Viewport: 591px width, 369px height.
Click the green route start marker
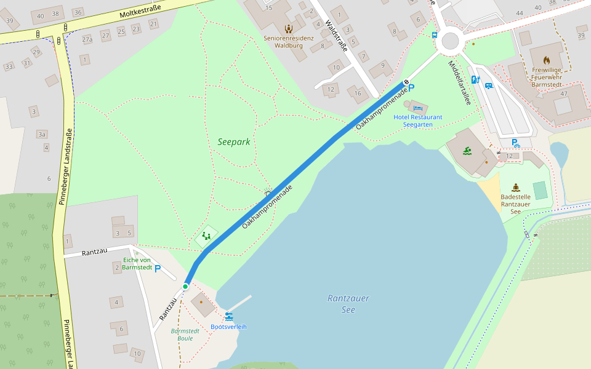point(185,287)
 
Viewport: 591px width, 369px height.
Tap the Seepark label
point(234,142)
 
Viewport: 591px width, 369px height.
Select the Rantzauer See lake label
point(348,303)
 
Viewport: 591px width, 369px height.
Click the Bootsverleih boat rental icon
point(229,316)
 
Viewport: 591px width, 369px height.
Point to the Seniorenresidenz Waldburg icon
point(288,28)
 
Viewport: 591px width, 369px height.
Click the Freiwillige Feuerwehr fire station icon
point(546,60)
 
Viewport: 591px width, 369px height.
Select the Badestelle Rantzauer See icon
point(515,188)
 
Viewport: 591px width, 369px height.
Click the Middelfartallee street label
point(459,82)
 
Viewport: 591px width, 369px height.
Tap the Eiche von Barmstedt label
point(137,263)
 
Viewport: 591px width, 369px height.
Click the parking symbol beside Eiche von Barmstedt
point(158,269)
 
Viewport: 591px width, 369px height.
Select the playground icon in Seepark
point(207,236)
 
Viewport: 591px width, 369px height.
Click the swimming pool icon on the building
point(468,151)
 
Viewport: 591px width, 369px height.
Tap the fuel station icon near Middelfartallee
point(475,79)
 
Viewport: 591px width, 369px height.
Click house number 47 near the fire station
point(564,93)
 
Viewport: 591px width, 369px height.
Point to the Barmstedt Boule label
point(185,335)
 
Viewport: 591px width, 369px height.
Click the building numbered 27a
point(87,40)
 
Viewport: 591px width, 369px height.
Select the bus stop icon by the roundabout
point(435,35)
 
